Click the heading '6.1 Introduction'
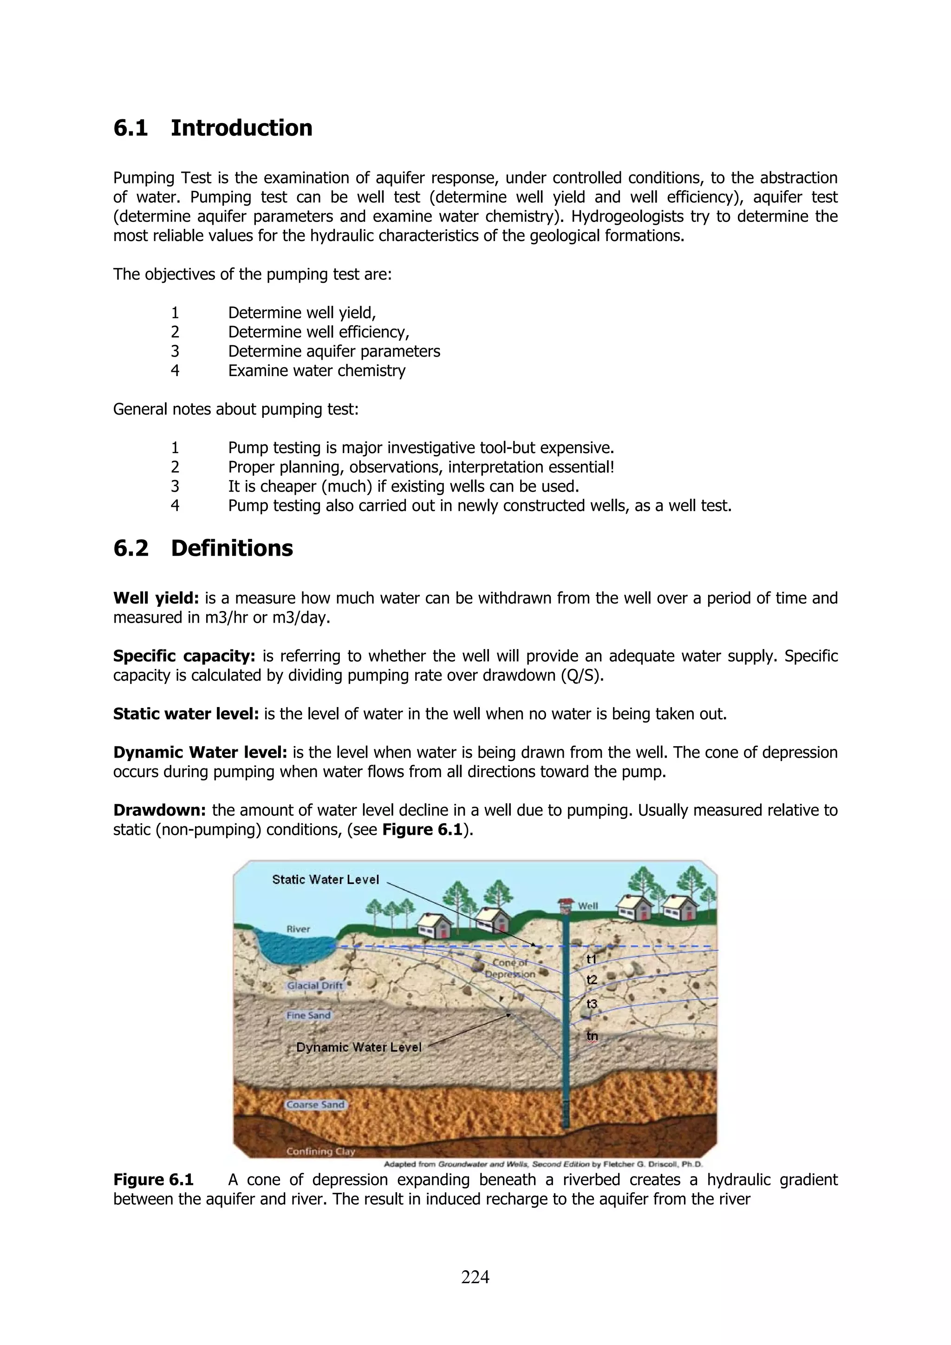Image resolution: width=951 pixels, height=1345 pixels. click(x=213, y=128)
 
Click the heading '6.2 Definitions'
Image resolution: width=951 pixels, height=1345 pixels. click(x=203, y=548)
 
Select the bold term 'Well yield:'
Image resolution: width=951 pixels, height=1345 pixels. click(x=156, y=598)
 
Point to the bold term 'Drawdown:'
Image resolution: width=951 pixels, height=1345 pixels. click(x=159, y=810)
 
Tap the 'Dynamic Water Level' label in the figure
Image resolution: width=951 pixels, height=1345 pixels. click(x=358, y=1047)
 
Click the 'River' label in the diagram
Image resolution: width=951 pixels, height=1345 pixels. click(x=298, y=929)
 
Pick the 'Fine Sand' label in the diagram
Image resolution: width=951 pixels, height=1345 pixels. click(x=308, y=1015)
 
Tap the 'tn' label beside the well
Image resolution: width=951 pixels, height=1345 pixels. click(x=593, y=1036)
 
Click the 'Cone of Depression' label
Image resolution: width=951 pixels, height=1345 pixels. click(x=510, y=968)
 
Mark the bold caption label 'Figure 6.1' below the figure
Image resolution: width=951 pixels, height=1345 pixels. click(x=154, y=1180)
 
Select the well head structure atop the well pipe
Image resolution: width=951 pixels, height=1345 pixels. click(x=565, y=906)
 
